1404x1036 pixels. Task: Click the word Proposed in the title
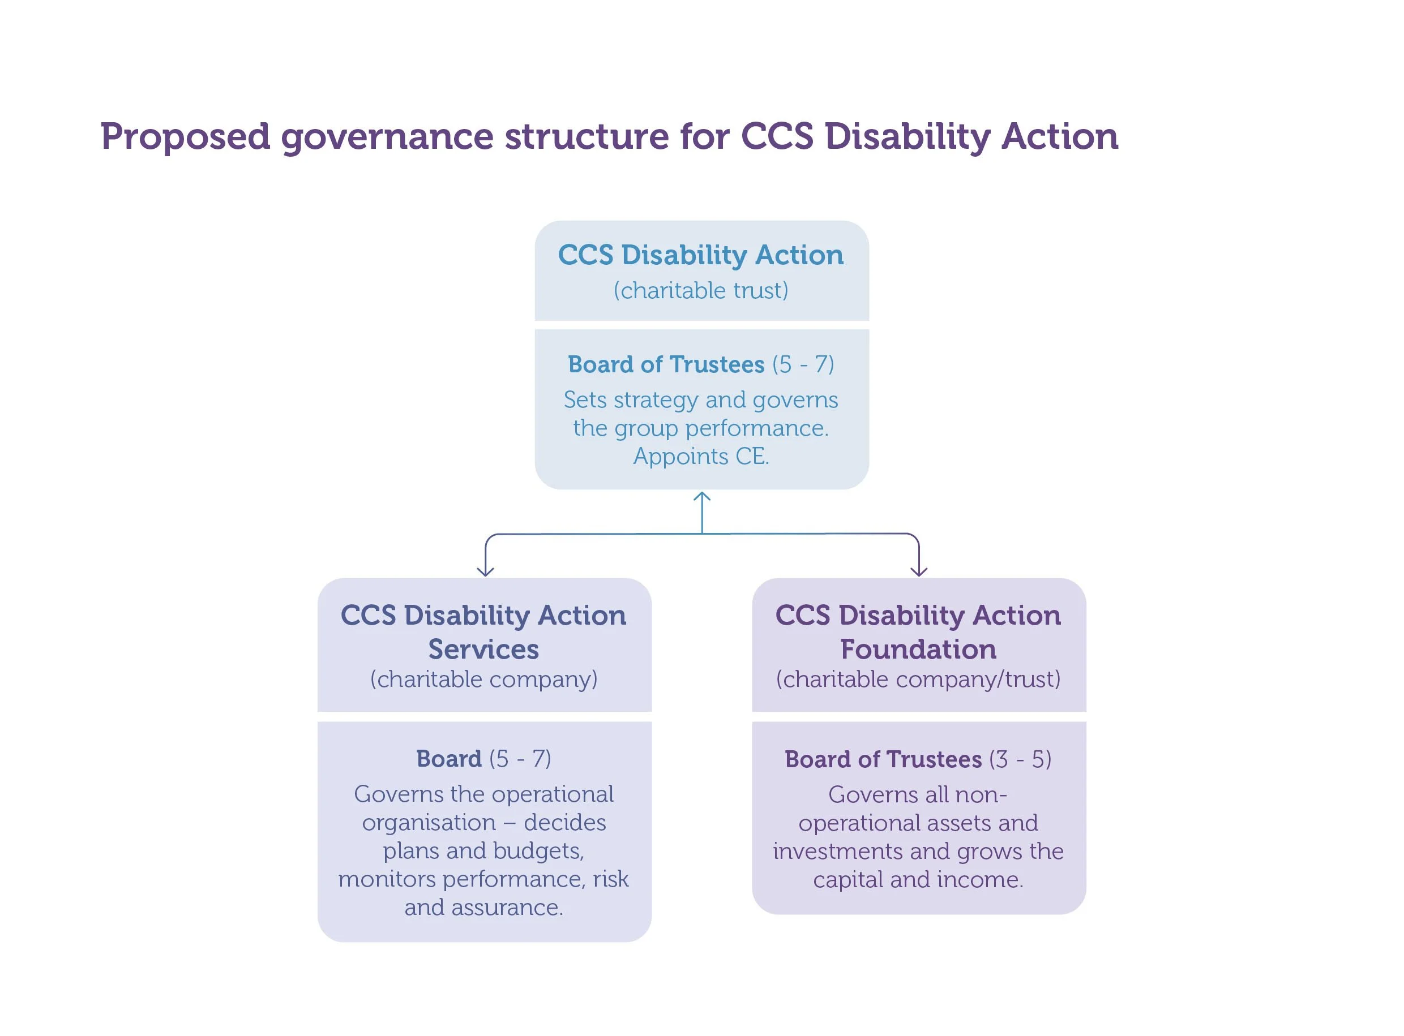tap(185, 137)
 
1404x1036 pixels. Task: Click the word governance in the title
tap(387, 137)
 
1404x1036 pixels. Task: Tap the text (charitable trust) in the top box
tap(701, 290)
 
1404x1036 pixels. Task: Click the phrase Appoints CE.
tap(701, 456)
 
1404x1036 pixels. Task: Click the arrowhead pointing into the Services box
tap(485, 571)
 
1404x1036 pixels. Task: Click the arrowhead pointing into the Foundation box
tap(918, 571)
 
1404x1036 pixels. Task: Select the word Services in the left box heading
tap(483, 649)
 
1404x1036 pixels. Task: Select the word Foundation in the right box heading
tap(918, 649)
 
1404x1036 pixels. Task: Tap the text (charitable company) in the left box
tap(483, 679)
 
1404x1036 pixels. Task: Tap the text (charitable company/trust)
tap(918, 679)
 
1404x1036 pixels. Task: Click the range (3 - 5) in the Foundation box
tap(1020, 759)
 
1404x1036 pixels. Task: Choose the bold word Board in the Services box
tap(448, 759)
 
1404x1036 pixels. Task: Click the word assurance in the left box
tap(506, 908)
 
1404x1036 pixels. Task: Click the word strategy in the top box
tap(649, 400)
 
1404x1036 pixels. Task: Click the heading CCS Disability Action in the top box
tap(701, 255)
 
